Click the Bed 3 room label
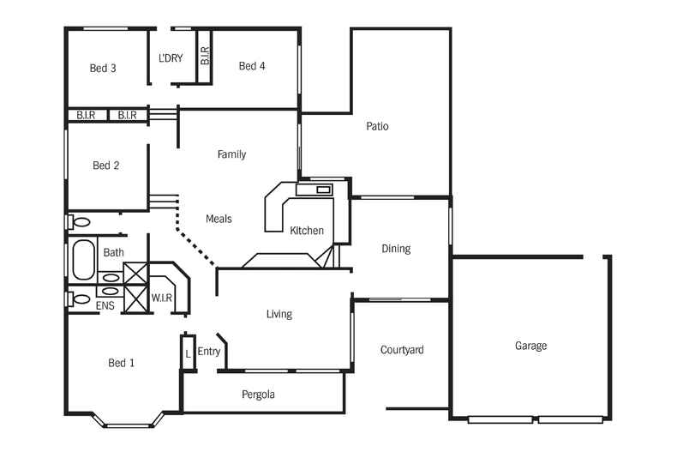(103, 69)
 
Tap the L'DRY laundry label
(171, 59)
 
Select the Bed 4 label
(252, 66)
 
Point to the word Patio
(377, 126)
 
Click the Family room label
(231, 154)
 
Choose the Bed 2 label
(105, 166)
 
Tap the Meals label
(219, 219)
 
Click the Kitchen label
(307, 231)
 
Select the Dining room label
(396, 249)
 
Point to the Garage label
(530, 346)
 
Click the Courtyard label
(402, 350)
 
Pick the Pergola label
(258, 395)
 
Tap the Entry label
(209, 352)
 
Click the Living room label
(279, 314)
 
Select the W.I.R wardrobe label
(162, 298)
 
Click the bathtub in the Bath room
(83, 260)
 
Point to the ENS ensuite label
(105, 305)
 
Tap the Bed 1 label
(121, 363)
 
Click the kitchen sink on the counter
(323, 190)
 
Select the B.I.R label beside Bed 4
(205, 57)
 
